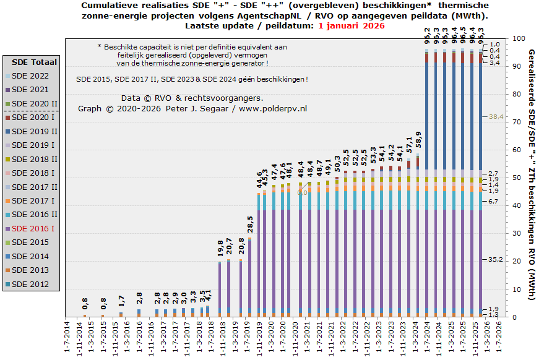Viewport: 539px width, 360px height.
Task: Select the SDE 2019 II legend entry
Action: [x=35, y=131]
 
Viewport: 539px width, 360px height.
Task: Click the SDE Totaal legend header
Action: [x=35, y=62]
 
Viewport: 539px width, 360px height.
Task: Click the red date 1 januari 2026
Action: [x=351, y=26]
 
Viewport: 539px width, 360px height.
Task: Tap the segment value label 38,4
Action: [x=497, y=116]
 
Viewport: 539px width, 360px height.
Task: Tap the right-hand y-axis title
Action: [x=531, y=176]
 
